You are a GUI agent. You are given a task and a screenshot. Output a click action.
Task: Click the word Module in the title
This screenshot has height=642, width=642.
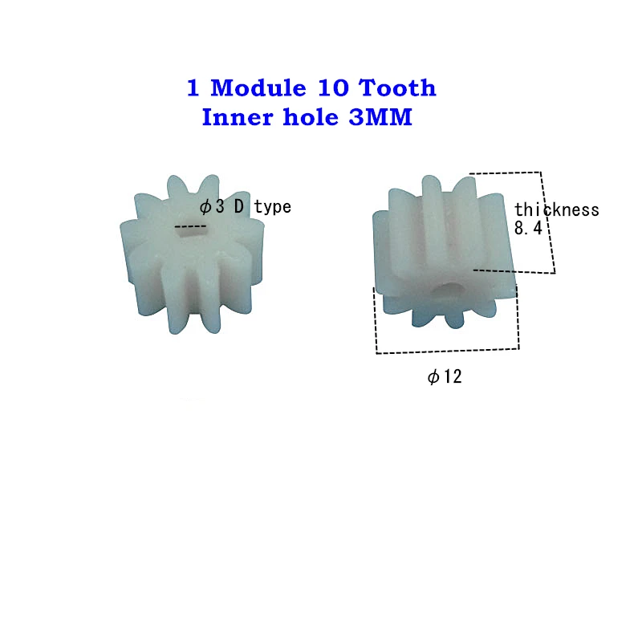(254, 87)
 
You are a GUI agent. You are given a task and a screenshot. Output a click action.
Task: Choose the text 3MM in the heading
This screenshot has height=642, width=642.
(381, 118)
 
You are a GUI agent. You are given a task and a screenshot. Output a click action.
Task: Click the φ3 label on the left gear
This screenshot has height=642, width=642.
(212, 207)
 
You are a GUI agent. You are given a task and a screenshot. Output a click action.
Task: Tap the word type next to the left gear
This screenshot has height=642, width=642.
(273, 208)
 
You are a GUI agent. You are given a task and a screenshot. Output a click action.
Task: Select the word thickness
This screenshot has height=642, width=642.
(557, 210)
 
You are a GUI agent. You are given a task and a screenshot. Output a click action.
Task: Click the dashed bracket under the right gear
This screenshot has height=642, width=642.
(447, 350)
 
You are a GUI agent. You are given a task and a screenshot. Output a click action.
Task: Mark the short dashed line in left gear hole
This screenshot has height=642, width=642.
(190, 228)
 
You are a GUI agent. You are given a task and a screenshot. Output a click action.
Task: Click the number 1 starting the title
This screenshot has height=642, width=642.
(193, 87)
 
